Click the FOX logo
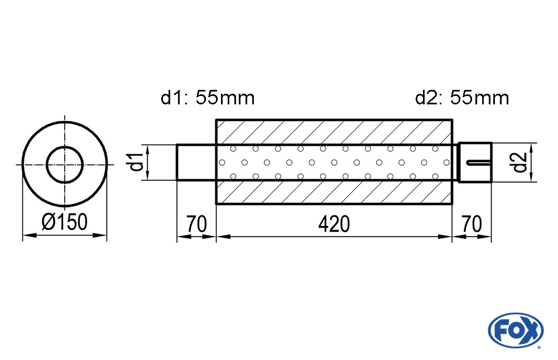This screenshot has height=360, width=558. click(516, 330)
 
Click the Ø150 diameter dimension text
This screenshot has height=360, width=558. click(64, 222)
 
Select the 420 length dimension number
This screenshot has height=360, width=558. click(334, 224)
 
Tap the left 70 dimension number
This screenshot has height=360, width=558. click(196, 224)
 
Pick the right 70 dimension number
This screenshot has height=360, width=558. click(472, 224)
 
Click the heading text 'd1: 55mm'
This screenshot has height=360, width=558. click(208, 98)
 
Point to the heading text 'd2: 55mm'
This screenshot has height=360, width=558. click(462, 98)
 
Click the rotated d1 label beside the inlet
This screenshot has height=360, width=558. click(136, 161)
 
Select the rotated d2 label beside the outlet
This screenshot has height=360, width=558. click(520, 162)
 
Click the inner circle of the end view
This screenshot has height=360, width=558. click(65, 165)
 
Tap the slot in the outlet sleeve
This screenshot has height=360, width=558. click(479, 163)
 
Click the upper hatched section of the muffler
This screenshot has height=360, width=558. click(334, 132)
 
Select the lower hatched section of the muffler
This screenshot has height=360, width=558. click(334, 192)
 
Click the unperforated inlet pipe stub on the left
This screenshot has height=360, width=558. click(196, 162)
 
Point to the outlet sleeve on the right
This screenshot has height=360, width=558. click(475, 162)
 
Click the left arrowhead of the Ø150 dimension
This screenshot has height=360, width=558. click(29, 236)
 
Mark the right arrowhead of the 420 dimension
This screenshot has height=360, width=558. click(445, 236)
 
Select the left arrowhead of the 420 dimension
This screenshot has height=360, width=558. click(224, 236)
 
